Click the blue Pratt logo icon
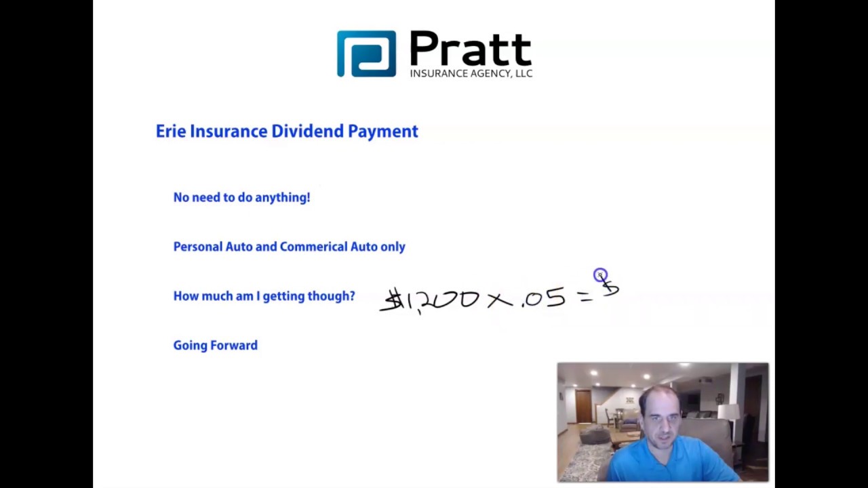coord(366,54)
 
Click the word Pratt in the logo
coord(470,49)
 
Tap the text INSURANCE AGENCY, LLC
coord(471,73)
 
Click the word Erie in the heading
coord(170,131)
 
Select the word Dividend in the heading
coord(307,131)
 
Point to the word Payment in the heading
coord(383,132)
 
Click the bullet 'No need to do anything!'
coord(241,197)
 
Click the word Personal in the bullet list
coord(197,247)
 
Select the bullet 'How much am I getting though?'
coord(264,296)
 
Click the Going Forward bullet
coord(215,346)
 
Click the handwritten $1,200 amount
coord(429,299)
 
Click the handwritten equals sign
coord(585,296)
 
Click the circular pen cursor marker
coord(600,275)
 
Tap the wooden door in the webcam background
coord(583,406)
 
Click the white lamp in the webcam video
coord(728,412)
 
